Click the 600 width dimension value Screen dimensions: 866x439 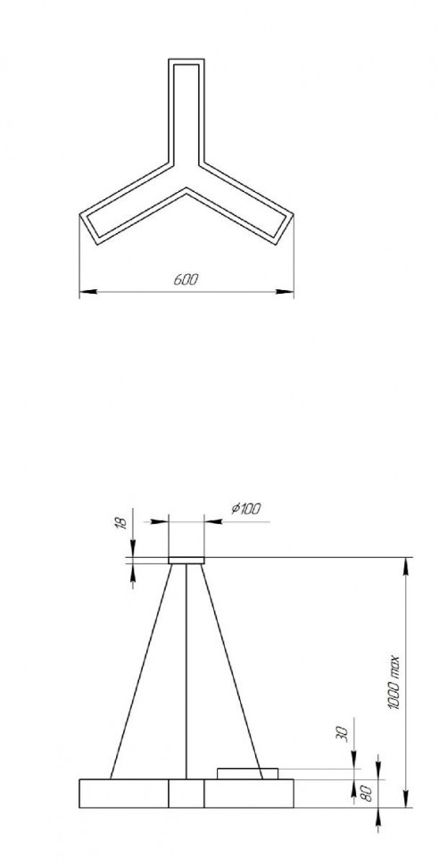pyautogui.click(x=186, y=279)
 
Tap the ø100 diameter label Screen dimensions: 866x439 pyautogui.click(x=244, y=509)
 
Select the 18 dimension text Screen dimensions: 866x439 pyautogui.click(x=123, y=521)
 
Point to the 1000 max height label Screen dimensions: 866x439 pyautogui.click(x=393, y=684)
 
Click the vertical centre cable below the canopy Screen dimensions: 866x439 pyautogui.click(x=186, y=670)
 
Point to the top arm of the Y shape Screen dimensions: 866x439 pyautogui.click(x=186, y=107)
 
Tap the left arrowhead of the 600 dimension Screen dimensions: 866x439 pyautogui.click(x=86, y=291)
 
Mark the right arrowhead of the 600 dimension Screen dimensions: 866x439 pyautogui.click(x=287, y=291)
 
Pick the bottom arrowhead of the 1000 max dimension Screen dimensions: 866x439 pyautogui.click(x=408, y=804)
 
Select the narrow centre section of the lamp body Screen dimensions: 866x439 pyautogui.click(x=186, y=794)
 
